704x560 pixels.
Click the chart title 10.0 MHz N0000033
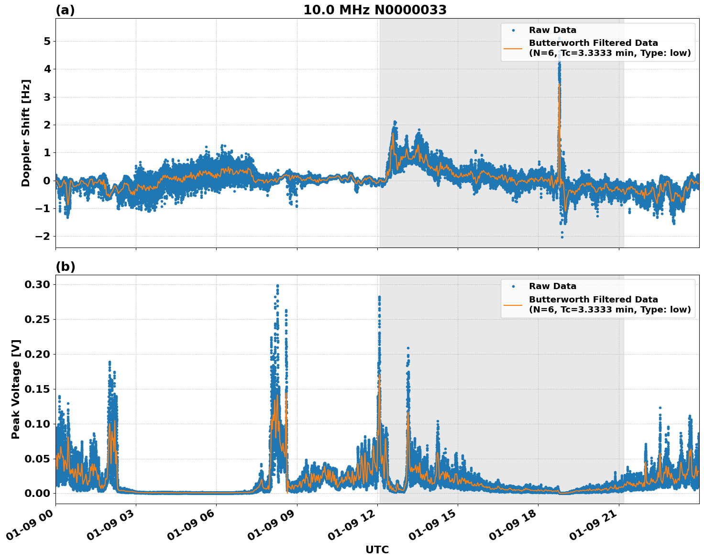click(x=375, y=10)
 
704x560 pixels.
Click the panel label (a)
click(x=65, y=10)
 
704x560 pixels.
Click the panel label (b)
click(x=65, y=267)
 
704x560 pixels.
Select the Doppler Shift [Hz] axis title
click(x=26, y=133)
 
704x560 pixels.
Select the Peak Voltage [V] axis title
click(x=16, y=389)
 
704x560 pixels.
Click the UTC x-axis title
click(x=377, y=549)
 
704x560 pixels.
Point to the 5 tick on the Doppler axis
click(x=47, y=41)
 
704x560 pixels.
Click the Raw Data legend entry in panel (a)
click(x=552, y=30)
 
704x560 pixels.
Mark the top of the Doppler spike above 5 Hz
click(x=559, y=38)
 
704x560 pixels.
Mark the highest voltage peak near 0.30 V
click(x=277, y=286)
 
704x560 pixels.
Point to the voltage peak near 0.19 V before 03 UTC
click(x=110, y=362)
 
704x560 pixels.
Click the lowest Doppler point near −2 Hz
click(x=562, y=237)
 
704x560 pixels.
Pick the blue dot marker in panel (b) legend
click(x=513, y=287)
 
